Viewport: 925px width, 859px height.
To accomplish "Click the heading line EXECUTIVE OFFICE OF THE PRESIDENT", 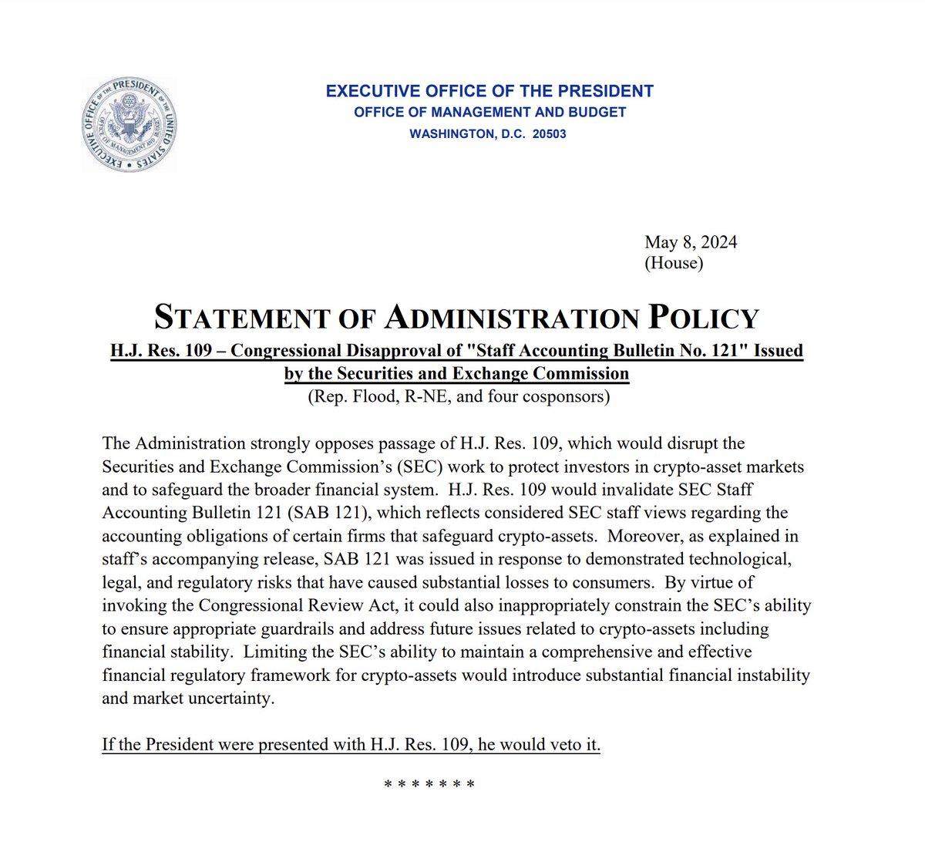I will point(489,91).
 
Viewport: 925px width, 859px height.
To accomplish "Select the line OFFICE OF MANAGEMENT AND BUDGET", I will point(489,113).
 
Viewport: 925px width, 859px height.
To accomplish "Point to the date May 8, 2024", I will point(691,242).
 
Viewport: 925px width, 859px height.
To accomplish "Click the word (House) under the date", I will point(674,264).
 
